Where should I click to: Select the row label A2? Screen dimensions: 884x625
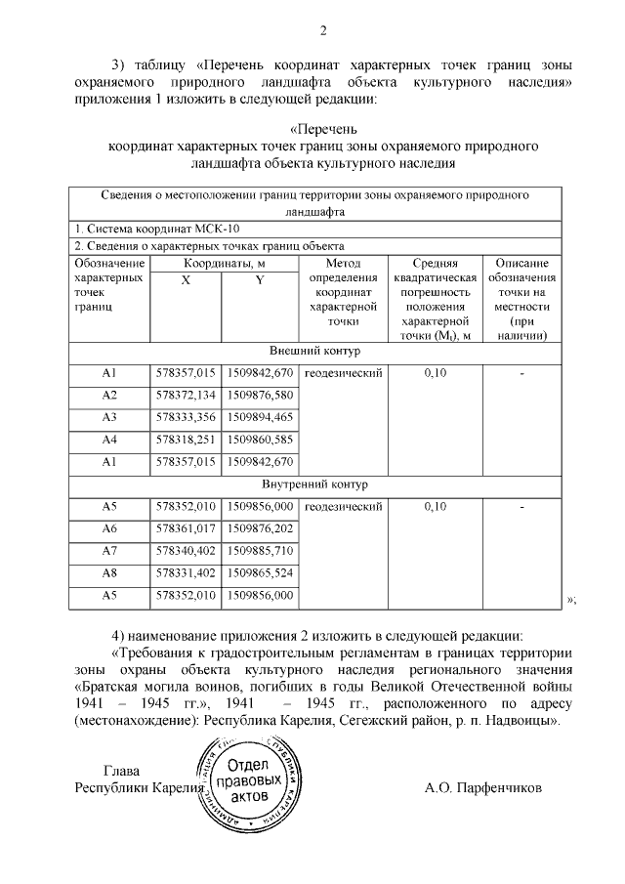pyautogui.click(x=109, y=395)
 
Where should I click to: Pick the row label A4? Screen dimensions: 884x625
pyautogui.click(x=109, y=440)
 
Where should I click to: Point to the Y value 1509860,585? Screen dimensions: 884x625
pyautogui.click(x=260, y=440)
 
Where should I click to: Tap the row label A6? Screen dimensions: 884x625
pyautogui.click(x=109, y=528)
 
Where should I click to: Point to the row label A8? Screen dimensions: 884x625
pyautogui.click(x=109, y=572)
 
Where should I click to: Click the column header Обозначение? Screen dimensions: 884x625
pyautogui.click(x=109, y=264)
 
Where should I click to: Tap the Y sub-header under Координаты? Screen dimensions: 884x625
pyautogui.click(x=260, y=281)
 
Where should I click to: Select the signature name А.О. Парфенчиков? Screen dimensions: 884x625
pyautogui.click(x=482, y=787)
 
